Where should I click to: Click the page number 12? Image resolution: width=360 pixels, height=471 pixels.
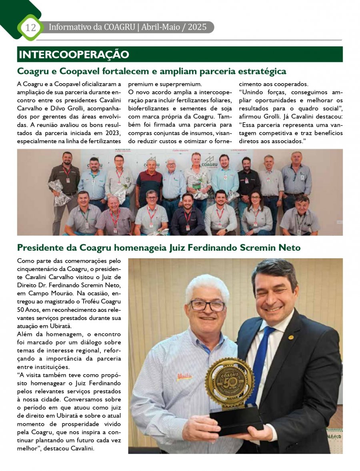point(30,28)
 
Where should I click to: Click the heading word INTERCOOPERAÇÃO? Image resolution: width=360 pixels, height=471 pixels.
point(74,54)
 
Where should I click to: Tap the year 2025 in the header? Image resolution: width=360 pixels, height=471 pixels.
point(197,27)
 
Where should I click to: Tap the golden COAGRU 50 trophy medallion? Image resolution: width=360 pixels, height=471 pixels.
point(230,382)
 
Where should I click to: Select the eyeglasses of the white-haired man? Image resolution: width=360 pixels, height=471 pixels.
point(207,306)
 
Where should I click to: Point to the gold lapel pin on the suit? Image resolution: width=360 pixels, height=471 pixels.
point(291,337)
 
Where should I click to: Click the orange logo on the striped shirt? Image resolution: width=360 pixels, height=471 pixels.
point(185,377)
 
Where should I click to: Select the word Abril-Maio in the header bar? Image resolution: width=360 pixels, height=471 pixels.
point(160,27)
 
